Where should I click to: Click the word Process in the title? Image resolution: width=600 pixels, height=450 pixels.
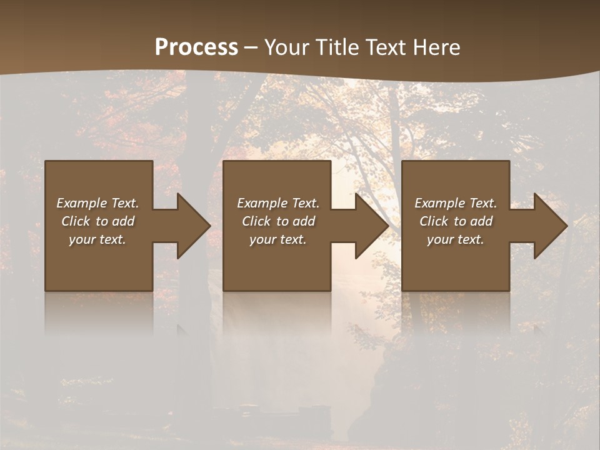[196, 47]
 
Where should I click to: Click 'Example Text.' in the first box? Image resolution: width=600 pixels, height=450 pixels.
[98, 203]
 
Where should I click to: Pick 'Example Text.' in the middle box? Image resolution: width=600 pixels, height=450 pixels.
[278, 203]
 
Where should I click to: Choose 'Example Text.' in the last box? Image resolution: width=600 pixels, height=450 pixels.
[456, 203]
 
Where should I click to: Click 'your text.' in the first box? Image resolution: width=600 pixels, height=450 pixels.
[97, 239]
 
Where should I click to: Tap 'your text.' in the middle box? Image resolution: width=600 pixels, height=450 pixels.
[278, 239]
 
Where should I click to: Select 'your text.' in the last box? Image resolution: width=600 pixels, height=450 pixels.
[456, 239]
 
